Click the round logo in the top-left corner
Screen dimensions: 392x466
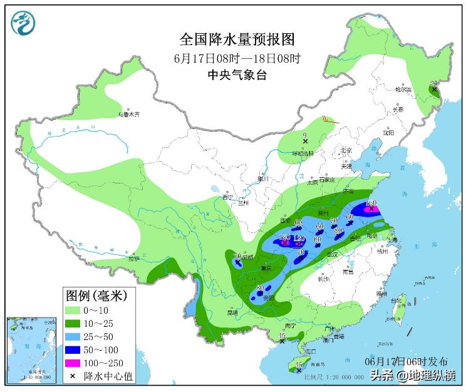pos(23,23)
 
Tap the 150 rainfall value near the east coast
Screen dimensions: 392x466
pos(371,203)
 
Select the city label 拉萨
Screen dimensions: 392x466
pos(134,259)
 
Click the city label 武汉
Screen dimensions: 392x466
pos(331,254)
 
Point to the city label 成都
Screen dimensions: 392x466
pos(249,257)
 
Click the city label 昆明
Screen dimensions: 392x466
pos(232,312)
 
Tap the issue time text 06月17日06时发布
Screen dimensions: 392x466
pos(406,361)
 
